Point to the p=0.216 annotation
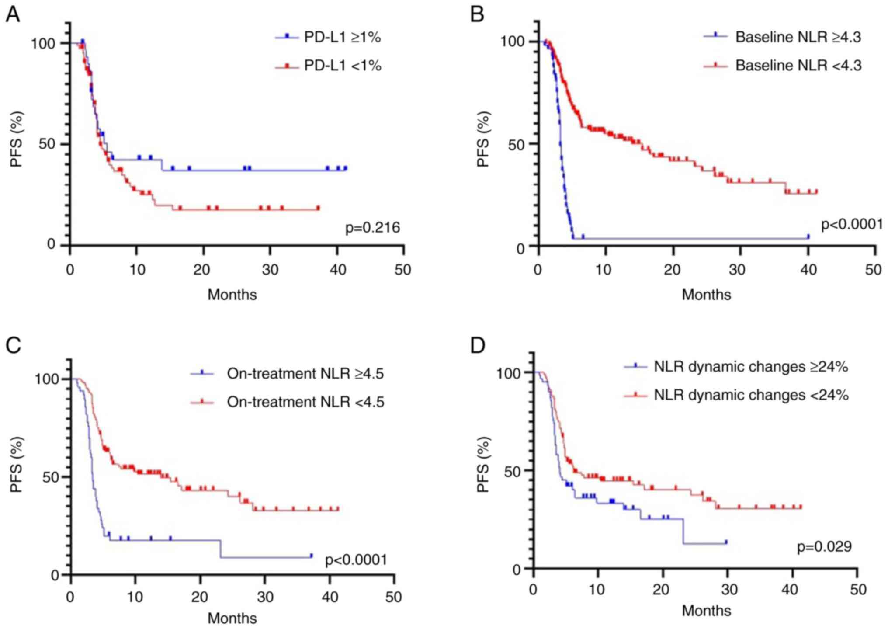(373, 228)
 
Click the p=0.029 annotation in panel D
(824, 547)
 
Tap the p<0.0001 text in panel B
(852, 225)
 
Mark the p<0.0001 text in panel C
(356, 560)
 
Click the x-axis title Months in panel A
(232, 295)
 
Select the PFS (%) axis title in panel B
(483, 139)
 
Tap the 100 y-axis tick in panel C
(47, 379)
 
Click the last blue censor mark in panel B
(808, 236)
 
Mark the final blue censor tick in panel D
(726, 542)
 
